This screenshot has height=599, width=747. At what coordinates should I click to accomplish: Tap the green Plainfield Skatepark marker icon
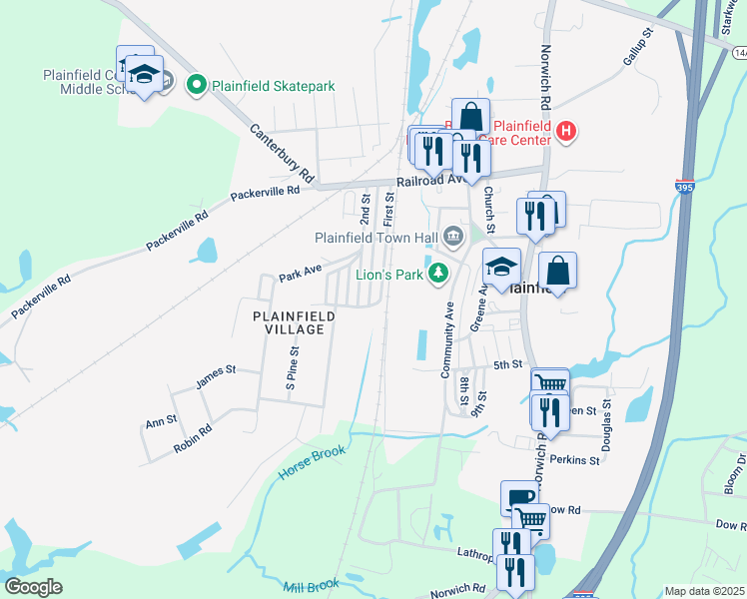(196, 86)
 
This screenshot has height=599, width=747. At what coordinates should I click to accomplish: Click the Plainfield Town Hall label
(377, 238)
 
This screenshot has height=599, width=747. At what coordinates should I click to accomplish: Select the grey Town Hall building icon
(453, 238)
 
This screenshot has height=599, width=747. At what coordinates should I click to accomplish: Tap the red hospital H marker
(566, 131)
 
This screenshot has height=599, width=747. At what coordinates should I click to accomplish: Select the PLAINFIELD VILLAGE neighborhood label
(294, 321)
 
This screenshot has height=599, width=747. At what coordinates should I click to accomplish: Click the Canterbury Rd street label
(277, 148)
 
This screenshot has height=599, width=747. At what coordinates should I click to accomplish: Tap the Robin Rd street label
(193, 439)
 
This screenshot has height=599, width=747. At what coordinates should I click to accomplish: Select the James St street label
(216, 376)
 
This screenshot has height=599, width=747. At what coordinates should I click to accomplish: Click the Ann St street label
(161, 422)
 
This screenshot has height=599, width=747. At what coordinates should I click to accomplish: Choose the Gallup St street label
(637, 47)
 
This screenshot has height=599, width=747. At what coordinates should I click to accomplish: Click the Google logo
(34, 587)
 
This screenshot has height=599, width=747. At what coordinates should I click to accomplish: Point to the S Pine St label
(293, 370)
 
